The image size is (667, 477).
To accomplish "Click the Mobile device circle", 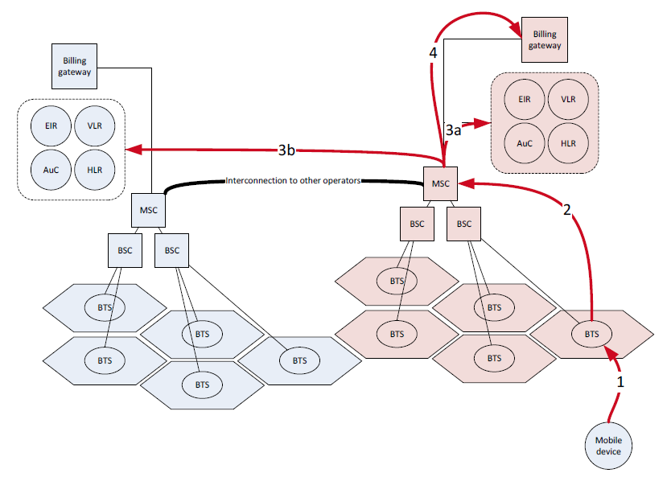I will tap(608, 446).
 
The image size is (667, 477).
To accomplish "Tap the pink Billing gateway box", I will tap(545, 40).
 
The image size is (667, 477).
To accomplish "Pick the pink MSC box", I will tap(440, 183).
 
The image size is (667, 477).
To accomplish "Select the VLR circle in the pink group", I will tap(568, 100).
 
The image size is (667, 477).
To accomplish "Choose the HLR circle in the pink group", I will tap(568, 143).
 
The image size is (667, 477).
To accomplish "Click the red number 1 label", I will tap(620, 383).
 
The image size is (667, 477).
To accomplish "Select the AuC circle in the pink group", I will tap(524, 143).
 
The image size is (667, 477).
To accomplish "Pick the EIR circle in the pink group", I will tap(524, 100).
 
